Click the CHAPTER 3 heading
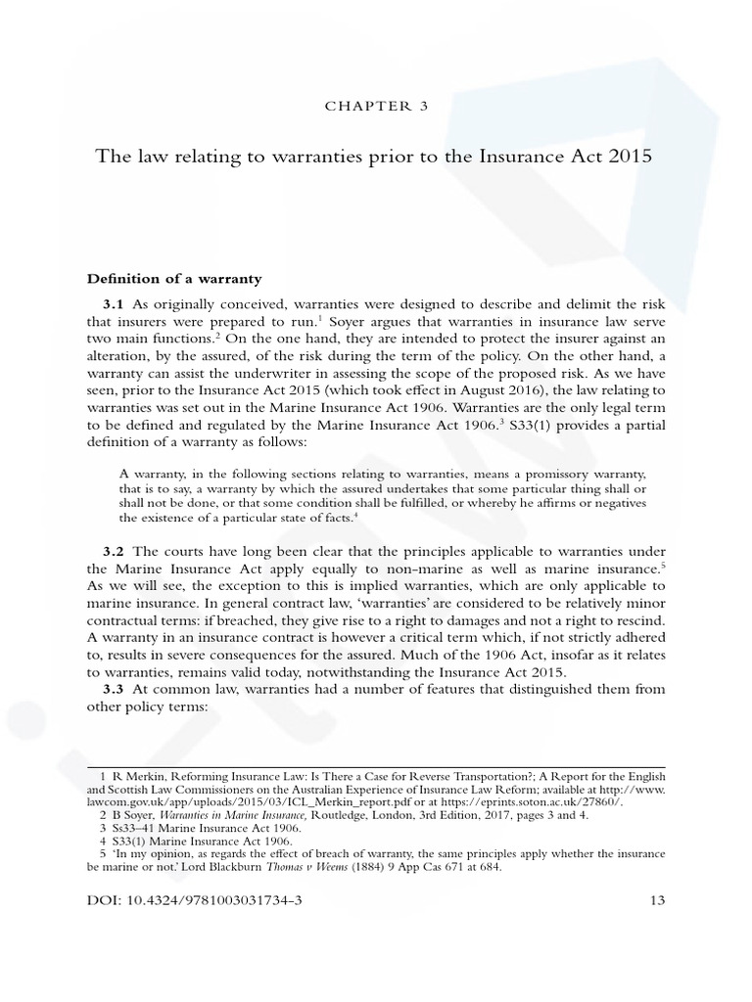coord(375,107)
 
